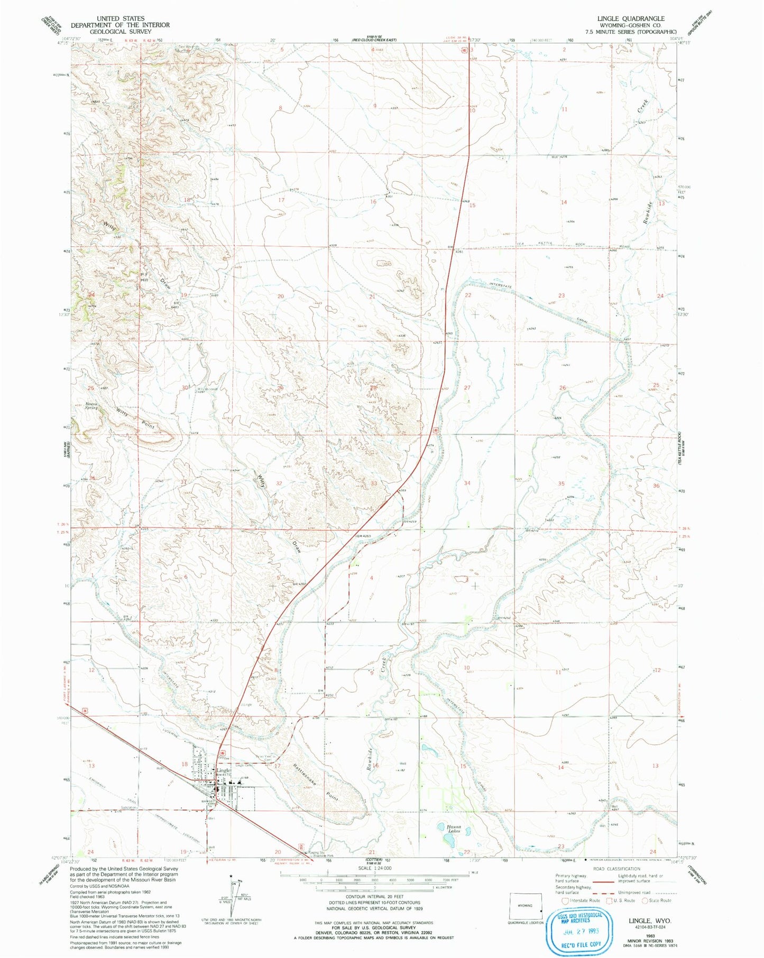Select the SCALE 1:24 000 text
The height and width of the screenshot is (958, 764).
click(x=374, y=868)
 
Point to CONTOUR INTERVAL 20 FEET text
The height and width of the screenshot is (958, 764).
click(x=374, y=897)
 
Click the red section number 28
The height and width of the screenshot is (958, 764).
click(x=373, y=388)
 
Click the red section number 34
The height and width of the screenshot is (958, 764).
click(x=467, y=483)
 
